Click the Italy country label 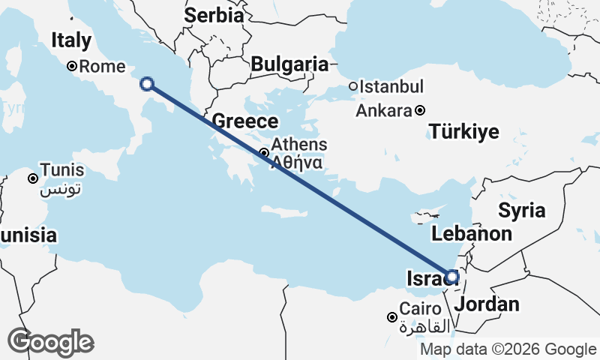click(70, 40)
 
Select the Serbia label click(214, 14)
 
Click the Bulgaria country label click(289, 64)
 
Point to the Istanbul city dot click(353, 86)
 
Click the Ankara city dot click(420, 111)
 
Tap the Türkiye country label click(464, 133)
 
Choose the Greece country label click(245, 121)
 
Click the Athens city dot click(264, 153)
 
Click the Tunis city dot click(34, 178)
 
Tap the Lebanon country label click(472, 233)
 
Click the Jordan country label click(487, 304)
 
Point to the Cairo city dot click(391, 317)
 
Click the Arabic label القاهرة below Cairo click(425, 327)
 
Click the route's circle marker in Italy click(148, 84)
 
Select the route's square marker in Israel click(452, 277)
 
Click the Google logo click(50, 342)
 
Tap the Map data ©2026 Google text click(508, 349)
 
